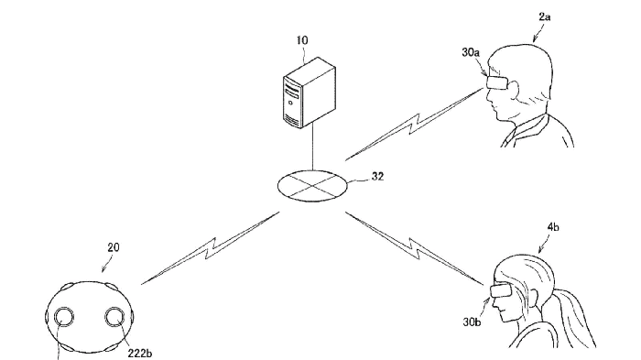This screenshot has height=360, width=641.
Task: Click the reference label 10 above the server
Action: pyautogui.click(x=302, y=40)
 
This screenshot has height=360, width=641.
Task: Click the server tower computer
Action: pyautogui.click(x=310, y=93)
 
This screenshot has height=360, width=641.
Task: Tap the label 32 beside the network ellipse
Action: pyautogui.click(x=377, y=176)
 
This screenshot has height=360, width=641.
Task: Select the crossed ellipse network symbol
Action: pyautogui.click(x=313, y=186)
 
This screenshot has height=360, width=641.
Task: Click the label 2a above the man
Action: pyautogui.click(x=545, y=16)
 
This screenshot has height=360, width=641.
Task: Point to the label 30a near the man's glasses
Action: pyautogui.click(x=471, y=52)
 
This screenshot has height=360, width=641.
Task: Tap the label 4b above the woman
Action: pyautogui.click(x=553, y=227)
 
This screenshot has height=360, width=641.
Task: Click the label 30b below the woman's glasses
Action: pyautogui.click(x=472, y=322)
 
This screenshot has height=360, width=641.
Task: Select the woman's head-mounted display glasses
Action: pyautogui.click(x=501, y=291)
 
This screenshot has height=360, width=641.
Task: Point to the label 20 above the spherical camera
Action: pyautogui.click(x=114, y=247)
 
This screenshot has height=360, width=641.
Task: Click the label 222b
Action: pyautogui.click(x=140, y=353)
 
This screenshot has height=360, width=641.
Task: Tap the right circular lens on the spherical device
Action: pyautogui.click(x=114, y=317)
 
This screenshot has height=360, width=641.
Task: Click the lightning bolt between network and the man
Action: pyautogui.click(x=414, y=124)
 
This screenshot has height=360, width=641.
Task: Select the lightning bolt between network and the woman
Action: pyautogui.click(x=415, y=248)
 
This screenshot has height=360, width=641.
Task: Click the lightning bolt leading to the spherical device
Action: pyautogui.click(x=210, y=248)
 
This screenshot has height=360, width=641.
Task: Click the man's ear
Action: pyautogui.click(x=513, y=87)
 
